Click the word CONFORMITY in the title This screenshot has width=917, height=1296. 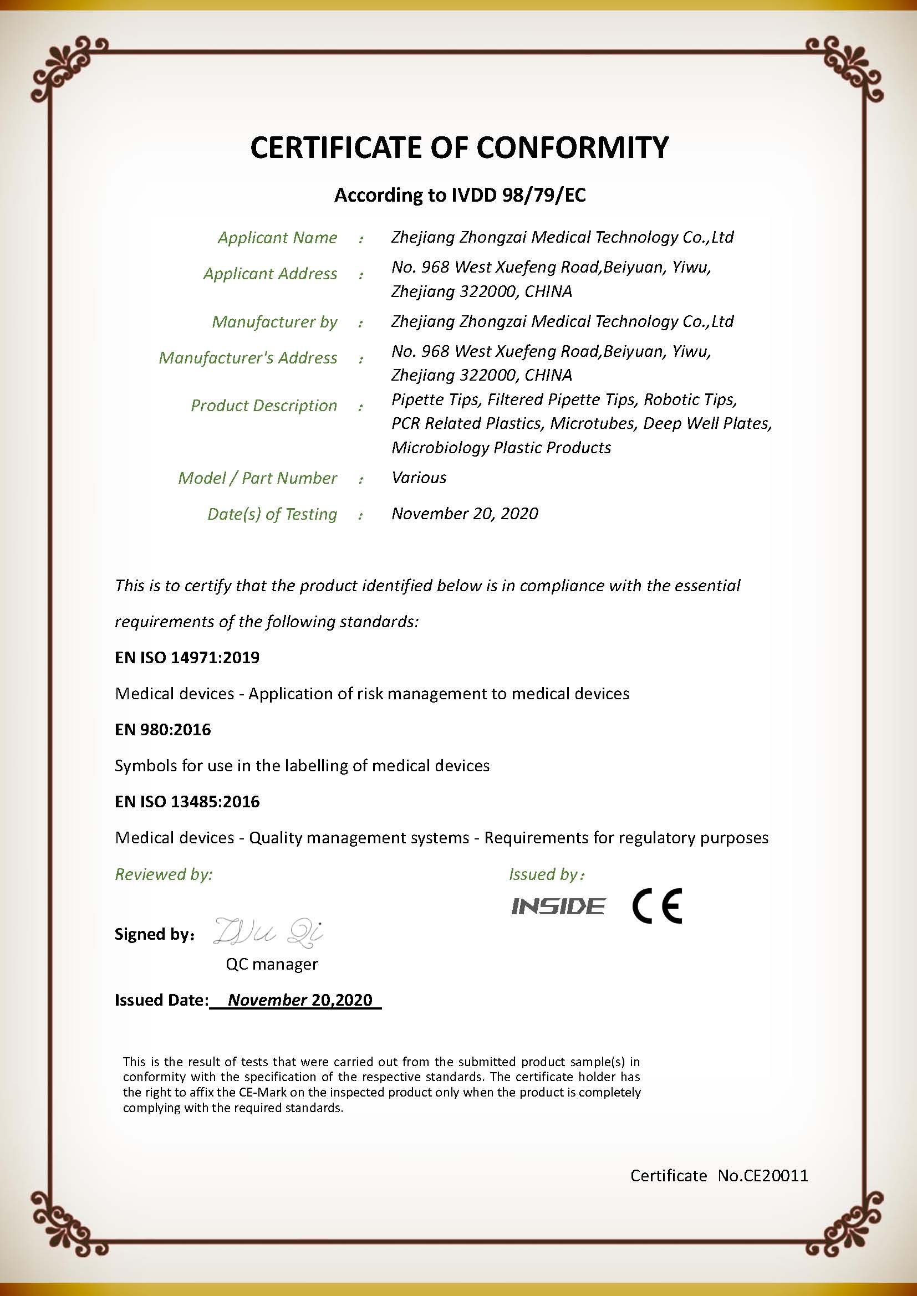pos(572,148)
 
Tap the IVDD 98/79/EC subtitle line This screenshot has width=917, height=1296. pos(460,195)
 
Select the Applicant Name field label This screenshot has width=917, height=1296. pos(277,238)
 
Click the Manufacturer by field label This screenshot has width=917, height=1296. pos(274,322)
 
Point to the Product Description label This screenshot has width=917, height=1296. pos(264,406)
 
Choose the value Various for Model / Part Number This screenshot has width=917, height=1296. pos(419,478)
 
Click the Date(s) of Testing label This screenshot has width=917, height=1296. pos(272,514)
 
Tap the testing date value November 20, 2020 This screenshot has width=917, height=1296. pos(464,514)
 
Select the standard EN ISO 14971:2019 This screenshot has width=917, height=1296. pos(187,658)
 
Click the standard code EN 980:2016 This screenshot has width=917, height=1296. pos(162,730)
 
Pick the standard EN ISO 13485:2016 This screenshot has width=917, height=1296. pos(187,802)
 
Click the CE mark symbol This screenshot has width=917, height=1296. pos(656,906)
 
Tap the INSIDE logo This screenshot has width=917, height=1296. pos(558,906)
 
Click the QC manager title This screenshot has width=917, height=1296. pos(272,964)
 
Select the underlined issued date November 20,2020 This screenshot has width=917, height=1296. pos(300,1000)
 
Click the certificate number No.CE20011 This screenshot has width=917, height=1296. pos(763,1176)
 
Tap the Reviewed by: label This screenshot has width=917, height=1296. pos(164,874)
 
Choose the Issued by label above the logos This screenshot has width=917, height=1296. pos(546,874)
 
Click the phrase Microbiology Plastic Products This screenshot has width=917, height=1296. pos(501,448)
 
